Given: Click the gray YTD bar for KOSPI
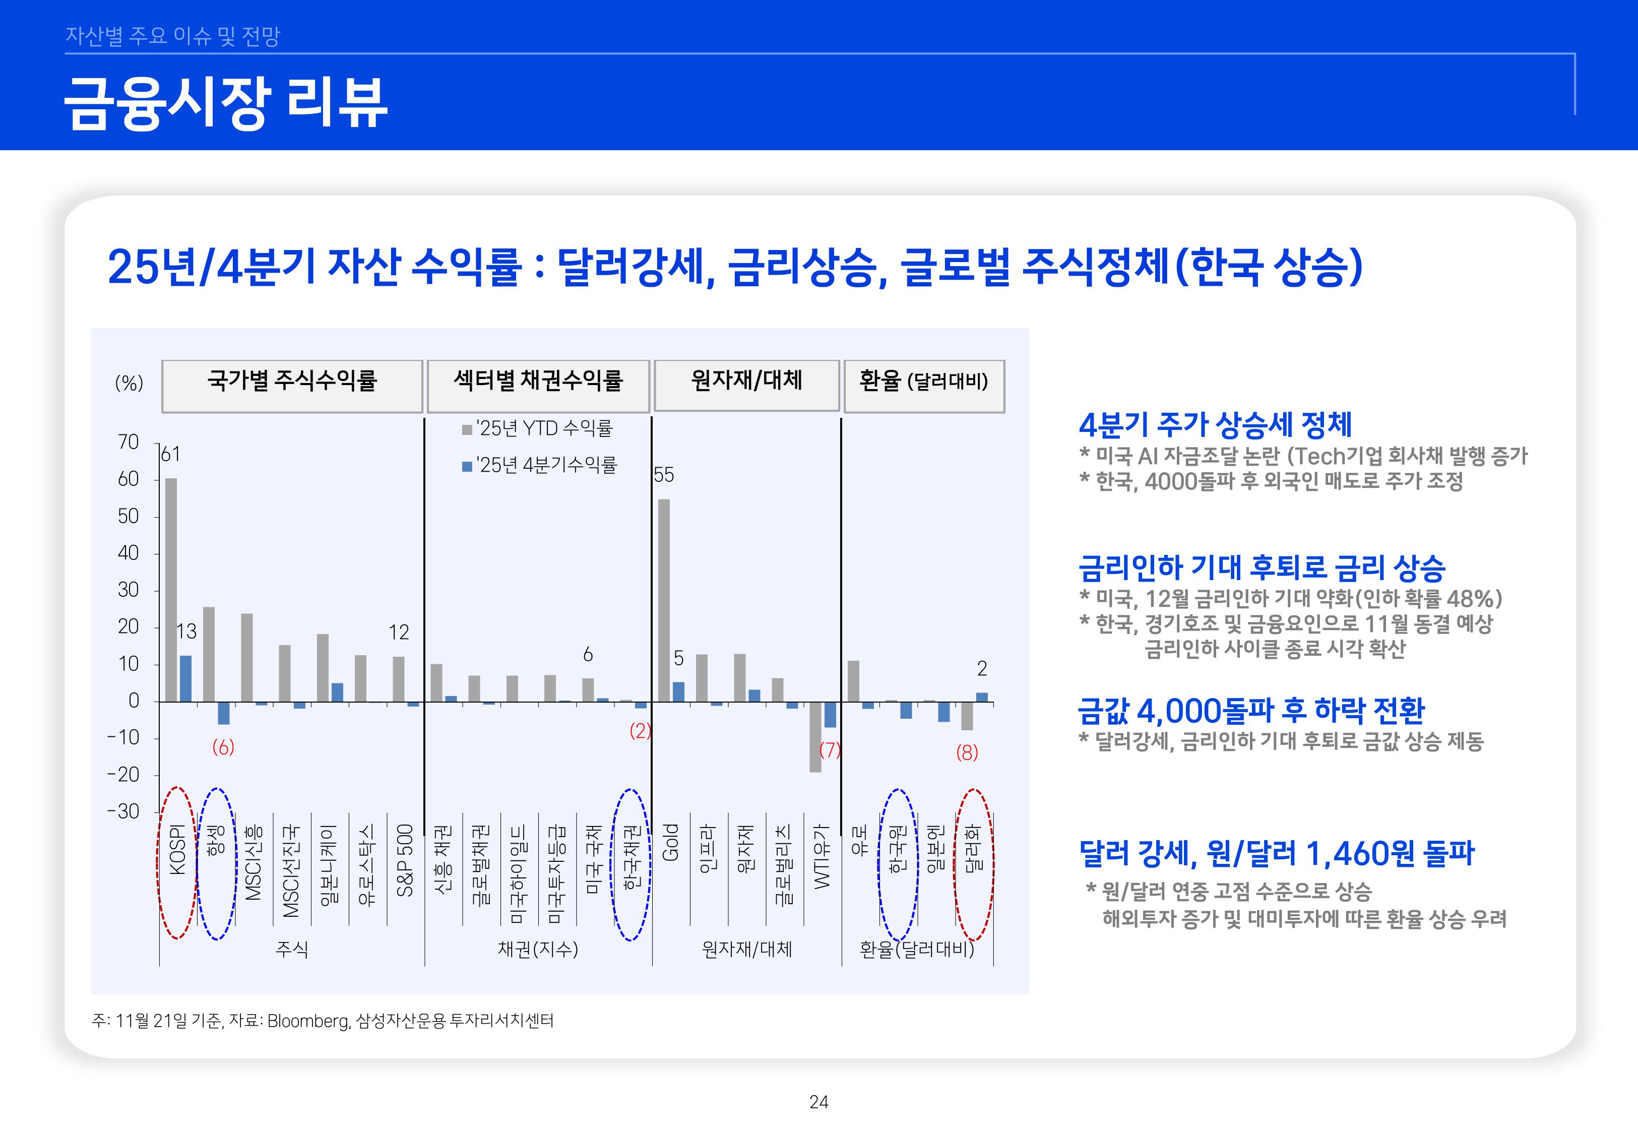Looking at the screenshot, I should pyautogui.click(x=171, y=590).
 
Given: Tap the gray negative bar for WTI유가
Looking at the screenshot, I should pyautogui.click(x=815, y=737).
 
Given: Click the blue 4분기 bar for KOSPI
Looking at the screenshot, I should pyautogui.click(x=185, y=678).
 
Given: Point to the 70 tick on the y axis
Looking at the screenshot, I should pyautogui.click(x=129, y=442).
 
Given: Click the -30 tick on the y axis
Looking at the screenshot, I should pyautogui.click(x=123, y=811).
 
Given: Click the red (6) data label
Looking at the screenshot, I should pyautogui.click(x=223, y=747).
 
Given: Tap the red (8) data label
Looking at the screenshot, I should pyautogui.click(x=967, y=752).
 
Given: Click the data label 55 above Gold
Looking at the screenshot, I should pyautogui.click(x=663, y=475).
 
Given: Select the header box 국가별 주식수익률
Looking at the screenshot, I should pyautogui.click(x=292, y=381).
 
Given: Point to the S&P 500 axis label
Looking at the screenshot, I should pyautogui.click(x=404, y=860).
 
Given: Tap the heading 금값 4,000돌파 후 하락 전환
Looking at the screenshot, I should pyautogui.click(x=1251, y=710).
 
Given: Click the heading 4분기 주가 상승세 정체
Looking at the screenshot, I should pyautogui.click(x=1215, y=424).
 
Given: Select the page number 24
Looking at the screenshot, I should pyautogui.click(x=818, y=1102).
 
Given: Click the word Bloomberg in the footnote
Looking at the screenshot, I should pyautogui.click(x=308, y=1021).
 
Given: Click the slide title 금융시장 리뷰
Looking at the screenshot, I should pyautogui.click(x=226, y=104).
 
